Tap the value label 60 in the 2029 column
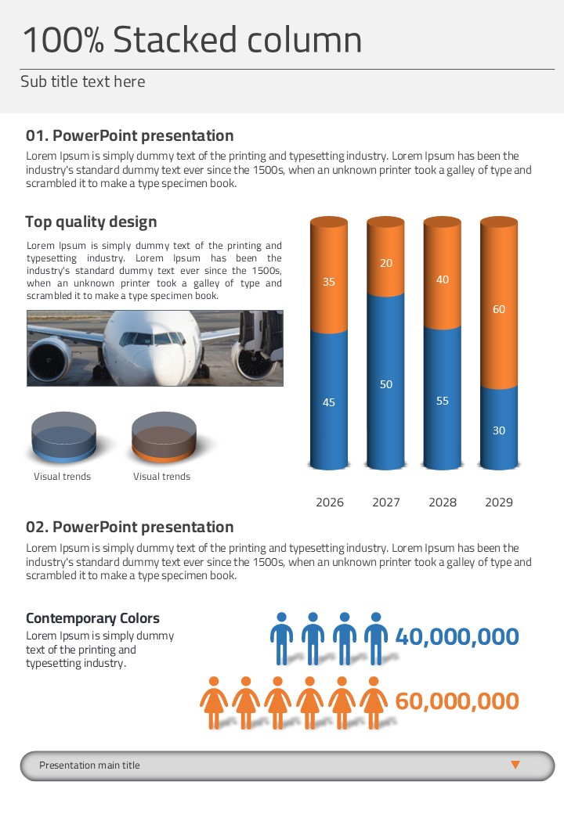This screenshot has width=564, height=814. (499, 309)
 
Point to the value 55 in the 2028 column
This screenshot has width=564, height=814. (443, 401)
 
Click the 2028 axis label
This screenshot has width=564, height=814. (443, 502)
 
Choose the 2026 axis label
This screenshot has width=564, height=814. (330, 502)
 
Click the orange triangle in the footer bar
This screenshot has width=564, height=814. (515, 765)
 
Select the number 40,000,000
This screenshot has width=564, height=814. (457, 637)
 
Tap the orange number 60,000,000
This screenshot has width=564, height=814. (457, 701)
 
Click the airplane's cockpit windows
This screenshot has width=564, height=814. (153, 339)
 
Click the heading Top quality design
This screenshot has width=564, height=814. (91, 222)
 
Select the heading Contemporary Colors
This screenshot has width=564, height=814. (92, 618)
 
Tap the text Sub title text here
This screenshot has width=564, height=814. (82, 81)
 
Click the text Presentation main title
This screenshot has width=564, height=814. (89, 765)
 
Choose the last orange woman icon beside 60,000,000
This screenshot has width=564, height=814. (373, 702)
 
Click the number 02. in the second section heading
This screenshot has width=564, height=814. (37, 527)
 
